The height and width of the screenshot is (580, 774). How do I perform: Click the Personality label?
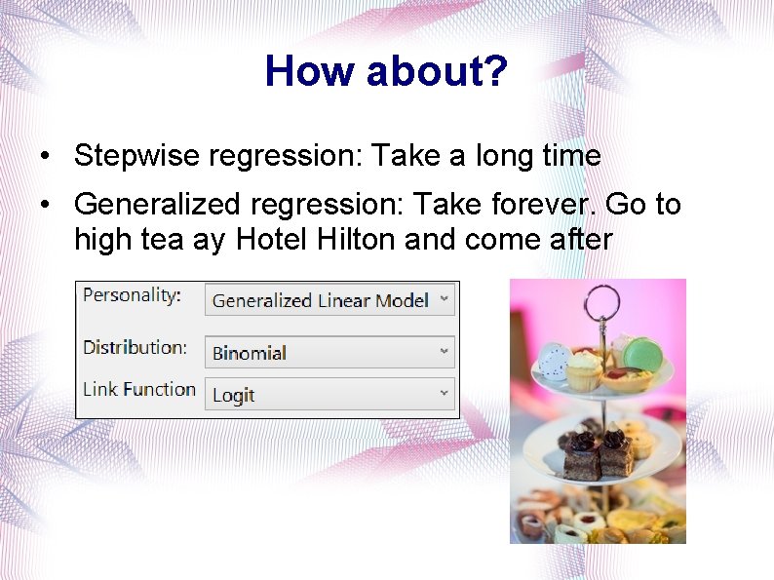tap(132, 295)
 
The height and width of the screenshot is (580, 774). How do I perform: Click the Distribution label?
tap(135, 347)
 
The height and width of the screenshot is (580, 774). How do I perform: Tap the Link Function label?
tap(138, 389)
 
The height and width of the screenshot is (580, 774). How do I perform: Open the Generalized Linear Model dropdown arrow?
tap(444, 299)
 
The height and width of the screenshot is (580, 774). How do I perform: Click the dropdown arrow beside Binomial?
tap(444, 351)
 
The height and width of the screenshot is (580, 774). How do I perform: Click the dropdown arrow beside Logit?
tap(444, 394)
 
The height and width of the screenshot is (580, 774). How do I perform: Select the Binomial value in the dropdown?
tap(250, 353)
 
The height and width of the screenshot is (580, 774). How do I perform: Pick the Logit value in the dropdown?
tap(234, 395)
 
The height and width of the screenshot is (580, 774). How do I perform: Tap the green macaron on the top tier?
tap(643, 353)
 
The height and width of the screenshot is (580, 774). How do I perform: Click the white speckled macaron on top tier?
tap(554, 362)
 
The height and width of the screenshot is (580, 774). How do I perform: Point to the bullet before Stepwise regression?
tap(46, 157)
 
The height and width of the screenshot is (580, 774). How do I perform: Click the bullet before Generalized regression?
tap(46, 206)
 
